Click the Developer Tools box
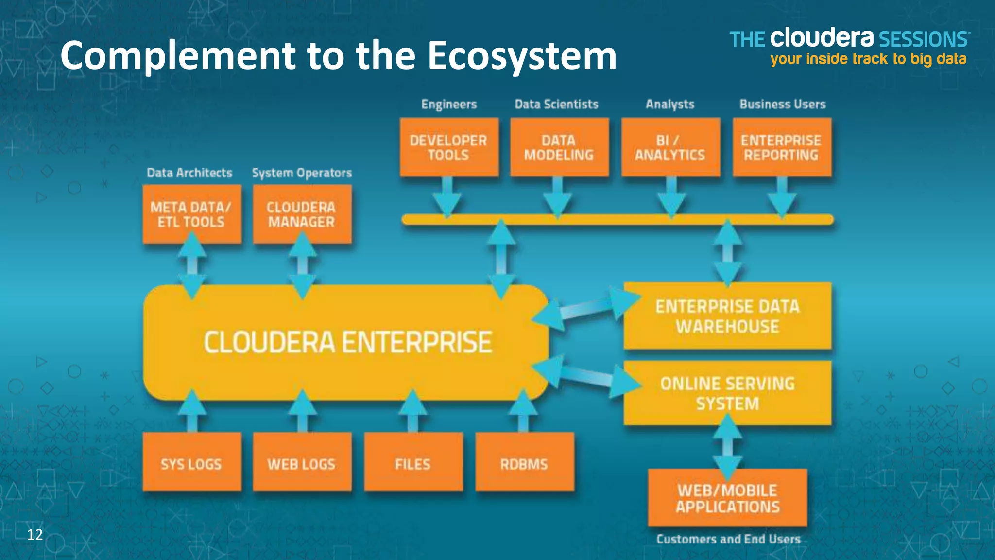pyautogui.click(x=449, y=147)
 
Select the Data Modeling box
pyautogui.click(x=559, y=147)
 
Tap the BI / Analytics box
pyautogui.click(x=670, y=147)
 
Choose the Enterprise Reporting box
pyautogui.click(x=782, y=147)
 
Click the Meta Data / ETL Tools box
pyautogui.click(x=192, y=214)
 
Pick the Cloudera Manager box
pyautogui.click(x=302, y=214)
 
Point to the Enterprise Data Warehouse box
pyautogui.click(x=727, y=316)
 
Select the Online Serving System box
pyautogui.click(x=727, y=393)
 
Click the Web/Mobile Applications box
pyautogui.click(x=727, y=498)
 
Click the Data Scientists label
pyautogui.click(x=556, y=104)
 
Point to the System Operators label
pyautogui.click(x=302, y=173)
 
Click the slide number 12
pyautogui.click(x=35, y=535)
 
